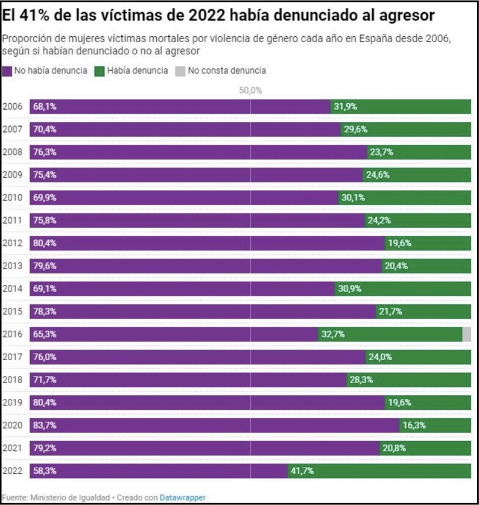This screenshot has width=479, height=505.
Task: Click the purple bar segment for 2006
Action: click(181, 107)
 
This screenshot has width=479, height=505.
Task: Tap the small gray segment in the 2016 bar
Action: click(466, 334)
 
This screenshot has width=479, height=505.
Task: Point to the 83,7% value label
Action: click(45, 425)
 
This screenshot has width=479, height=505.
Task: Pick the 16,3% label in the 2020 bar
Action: click(414, 425)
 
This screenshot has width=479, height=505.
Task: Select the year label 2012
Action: click(12, 243)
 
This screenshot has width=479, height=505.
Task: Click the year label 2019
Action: click(12, 402)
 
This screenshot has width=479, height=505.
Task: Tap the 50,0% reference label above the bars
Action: click(250, 90)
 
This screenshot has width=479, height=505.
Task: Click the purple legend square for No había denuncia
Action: click(7, 71)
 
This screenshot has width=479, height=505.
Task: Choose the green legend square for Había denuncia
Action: click(100, 71)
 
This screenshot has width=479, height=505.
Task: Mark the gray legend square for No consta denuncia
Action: click(180, 71)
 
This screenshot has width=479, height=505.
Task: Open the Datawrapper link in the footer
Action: click(183, 497)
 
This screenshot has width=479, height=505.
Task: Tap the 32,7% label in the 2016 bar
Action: click(332, 334)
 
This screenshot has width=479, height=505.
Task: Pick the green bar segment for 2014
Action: click(416, 289)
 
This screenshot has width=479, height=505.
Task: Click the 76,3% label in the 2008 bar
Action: click(45, 152)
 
